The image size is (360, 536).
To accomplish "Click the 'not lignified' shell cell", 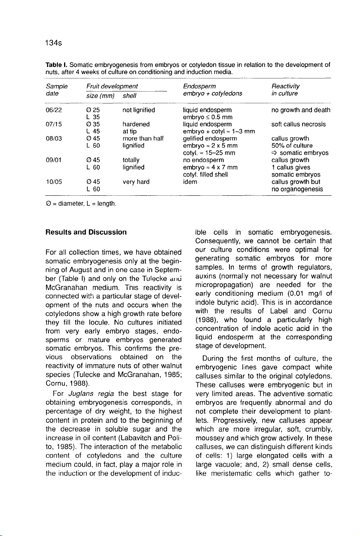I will click(x=139, y=109).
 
